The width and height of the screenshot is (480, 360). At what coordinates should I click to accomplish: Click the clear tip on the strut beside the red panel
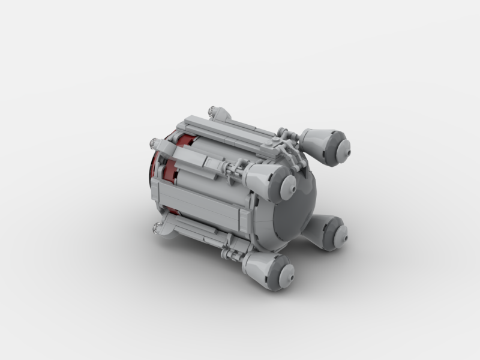(x=154, y=143)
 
